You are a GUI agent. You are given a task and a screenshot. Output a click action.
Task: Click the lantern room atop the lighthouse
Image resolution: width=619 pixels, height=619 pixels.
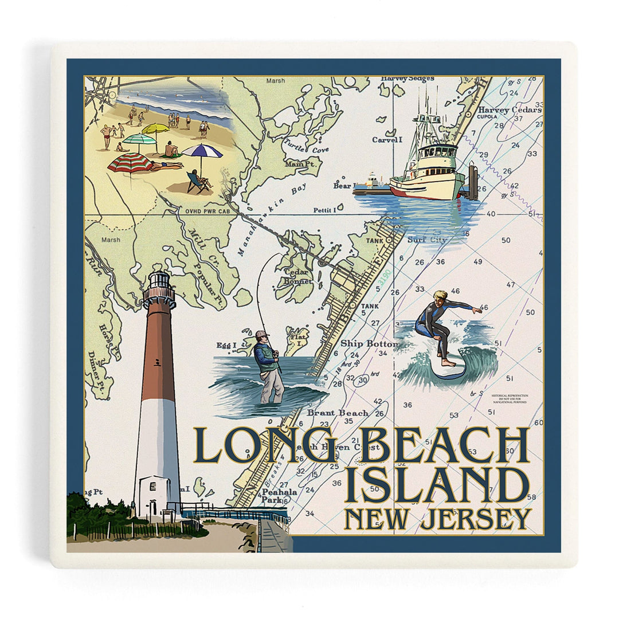[x=159, y=281]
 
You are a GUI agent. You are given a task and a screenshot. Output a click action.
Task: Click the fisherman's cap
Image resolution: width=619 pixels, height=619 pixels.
[x=263, y=334]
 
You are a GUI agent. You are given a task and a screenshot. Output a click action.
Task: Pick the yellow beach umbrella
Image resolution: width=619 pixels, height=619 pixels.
[x=156, y=129]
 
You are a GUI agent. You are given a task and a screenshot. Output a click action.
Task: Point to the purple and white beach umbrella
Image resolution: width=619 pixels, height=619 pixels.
[x=201, y=151]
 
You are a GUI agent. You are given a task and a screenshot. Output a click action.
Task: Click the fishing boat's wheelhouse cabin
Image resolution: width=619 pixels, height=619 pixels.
[x=438, y=155]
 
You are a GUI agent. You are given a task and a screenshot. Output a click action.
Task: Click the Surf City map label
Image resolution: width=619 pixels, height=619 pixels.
[x=426, y=240]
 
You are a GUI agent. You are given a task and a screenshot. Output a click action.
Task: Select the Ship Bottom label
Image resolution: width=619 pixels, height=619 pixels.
[x=369, y=343]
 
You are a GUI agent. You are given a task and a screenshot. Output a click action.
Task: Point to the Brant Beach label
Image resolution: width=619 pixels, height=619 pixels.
[x=338, y=413]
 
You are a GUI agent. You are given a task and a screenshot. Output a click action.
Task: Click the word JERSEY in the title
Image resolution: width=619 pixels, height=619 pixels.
[x=475, y=519]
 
